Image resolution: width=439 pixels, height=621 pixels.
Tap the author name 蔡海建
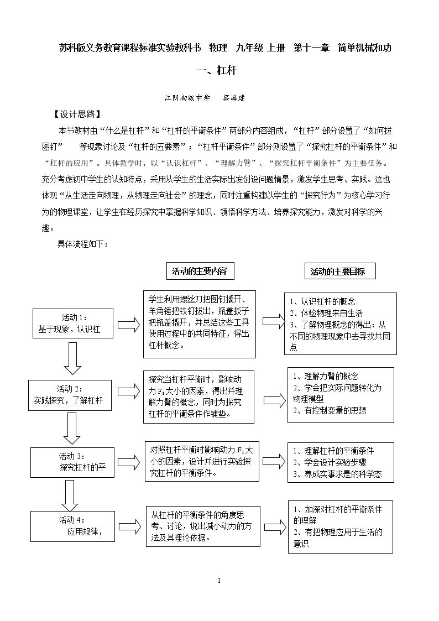[x=233, y=98]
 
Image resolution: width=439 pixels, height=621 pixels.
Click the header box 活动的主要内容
[x=200, y=271]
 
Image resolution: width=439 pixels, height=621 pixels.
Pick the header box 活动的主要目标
[x=340, y=272]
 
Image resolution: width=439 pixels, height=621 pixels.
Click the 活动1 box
[x=73, y=323]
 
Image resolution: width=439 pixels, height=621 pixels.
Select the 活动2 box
[x=70, y=395]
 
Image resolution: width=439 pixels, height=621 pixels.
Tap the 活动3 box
[x=72, y=462]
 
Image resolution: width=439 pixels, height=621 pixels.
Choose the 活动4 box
[x=72, y=526]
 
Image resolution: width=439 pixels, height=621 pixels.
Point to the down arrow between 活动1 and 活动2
[x=72, y=358]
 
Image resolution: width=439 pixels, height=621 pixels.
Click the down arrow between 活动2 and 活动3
[x=72, y=428]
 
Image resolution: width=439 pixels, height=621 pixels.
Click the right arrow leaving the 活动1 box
[x=129, y=325]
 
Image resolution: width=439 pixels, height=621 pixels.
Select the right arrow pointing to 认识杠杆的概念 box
[x=274, y=322]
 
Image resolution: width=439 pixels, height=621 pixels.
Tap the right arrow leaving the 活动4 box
[x=130, y=526]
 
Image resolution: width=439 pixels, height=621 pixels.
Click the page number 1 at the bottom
[x=219, y=581]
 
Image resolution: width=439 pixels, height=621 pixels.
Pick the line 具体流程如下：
[x=83, y=243]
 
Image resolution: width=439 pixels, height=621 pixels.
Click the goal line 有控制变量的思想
[x=330, y=410]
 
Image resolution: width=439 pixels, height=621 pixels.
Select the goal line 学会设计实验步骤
[x=330, y=462]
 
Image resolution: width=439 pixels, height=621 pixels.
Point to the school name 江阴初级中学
[x=187, y=98]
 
